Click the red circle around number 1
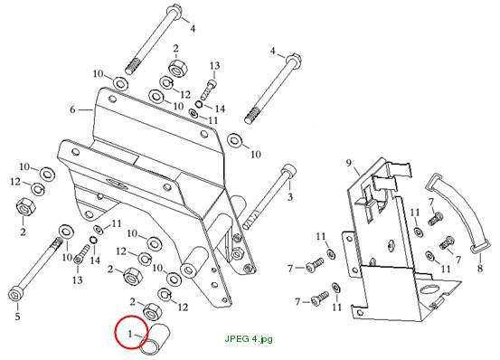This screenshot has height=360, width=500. tap(117, 332)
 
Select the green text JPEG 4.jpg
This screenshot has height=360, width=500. tap(249, 339)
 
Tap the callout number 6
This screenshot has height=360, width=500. tap(72, 109)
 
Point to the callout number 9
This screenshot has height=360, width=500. tap(348, 163)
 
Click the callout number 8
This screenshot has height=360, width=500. tap(480, 268)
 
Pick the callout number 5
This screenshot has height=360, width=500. tap(17, 317)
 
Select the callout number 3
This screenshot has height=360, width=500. tap(289, 197)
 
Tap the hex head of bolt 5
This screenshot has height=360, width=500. tap(15, 293)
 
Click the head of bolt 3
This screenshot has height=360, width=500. tap(288, 169)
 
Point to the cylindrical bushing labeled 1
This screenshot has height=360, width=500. tap(156, 339)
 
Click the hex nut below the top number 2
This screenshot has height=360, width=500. tap(176, 68)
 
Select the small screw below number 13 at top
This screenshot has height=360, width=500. tap(208, 90)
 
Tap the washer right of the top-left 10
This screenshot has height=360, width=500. tap(120, 83)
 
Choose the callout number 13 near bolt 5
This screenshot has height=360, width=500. tap(77, 280)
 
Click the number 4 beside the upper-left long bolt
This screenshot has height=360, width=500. tap(193, 29)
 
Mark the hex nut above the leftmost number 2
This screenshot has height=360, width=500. tap(25, 207)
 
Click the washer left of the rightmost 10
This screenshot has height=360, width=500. tap(235, 140)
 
